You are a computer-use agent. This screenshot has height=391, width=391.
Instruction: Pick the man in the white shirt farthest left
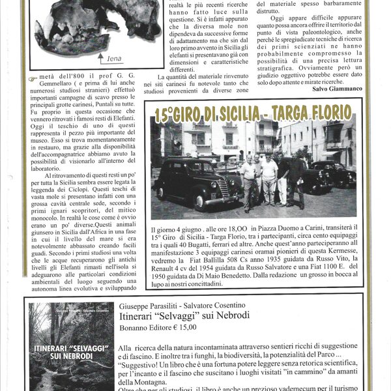tap(248, 182)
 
